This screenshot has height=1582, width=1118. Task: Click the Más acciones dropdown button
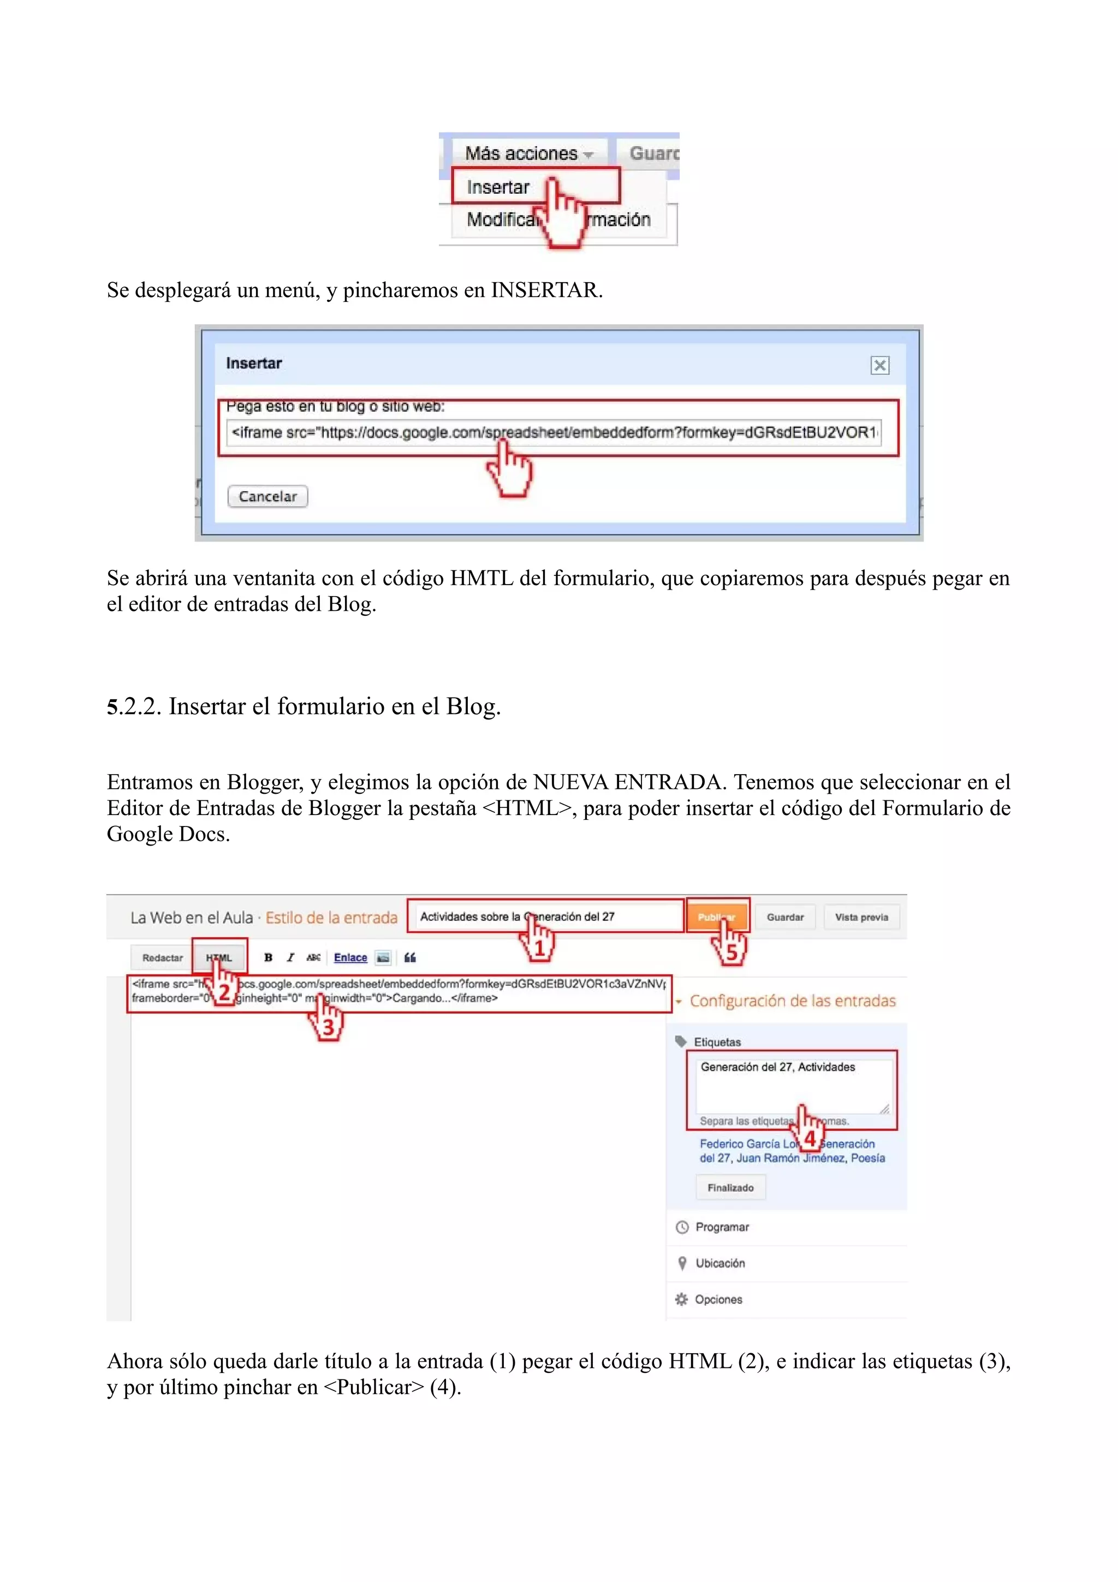[528, 153]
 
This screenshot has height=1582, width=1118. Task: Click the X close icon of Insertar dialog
[879, 365]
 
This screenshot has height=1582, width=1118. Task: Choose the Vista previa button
[861, 917]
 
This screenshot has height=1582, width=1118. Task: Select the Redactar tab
[163, 957]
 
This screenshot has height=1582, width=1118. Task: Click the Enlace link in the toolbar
[350, 957]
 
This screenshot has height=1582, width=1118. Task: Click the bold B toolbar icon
[269, 957]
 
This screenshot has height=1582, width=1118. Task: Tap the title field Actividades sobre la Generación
[544, 917]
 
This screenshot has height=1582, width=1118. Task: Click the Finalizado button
[730, 1188]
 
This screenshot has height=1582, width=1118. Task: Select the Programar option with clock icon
[721, 1227]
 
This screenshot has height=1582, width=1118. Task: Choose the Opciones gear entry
[717, 1299]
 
